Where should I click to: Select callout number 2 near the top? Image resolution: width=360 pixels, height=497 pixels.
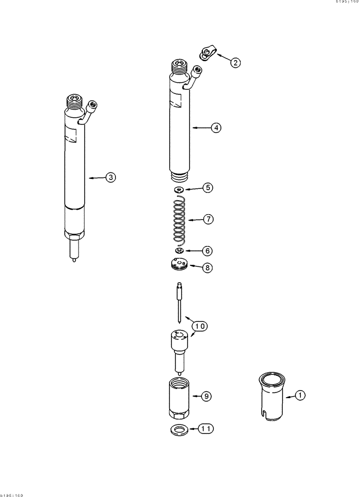tap(235, 62)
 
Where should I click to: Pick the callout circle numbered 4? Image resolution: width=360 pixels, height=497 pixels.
tap(215, 128)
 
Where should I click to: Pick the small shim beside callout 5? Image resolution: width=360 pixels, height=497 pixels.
tap(180, 189)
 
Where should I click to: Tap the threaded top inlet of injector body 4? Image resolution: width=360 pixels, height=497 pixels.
tap(179, 66)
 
